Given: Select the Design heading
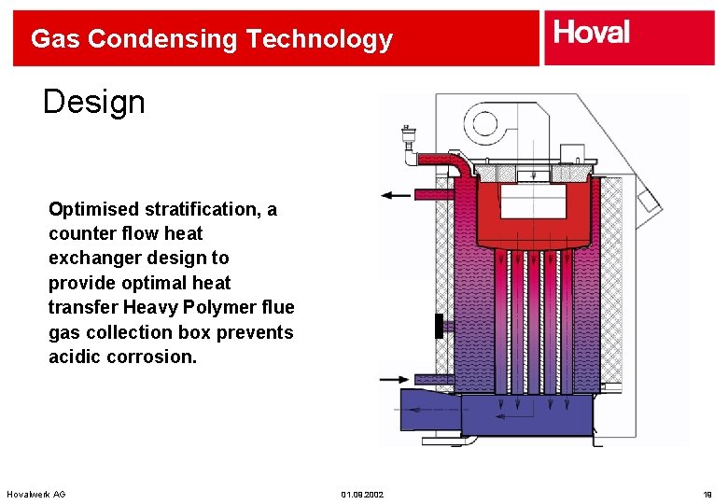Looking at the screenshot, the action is point(94,102).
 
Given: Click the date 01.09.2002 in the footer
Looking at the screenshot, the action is point(362,493).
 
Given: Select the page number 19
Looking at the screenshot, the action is point(707,493).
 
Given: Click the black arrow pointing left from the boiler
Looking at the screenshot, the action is point(396,196).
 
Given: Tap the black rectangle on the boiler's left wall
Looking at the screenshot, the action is point(438,326).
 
